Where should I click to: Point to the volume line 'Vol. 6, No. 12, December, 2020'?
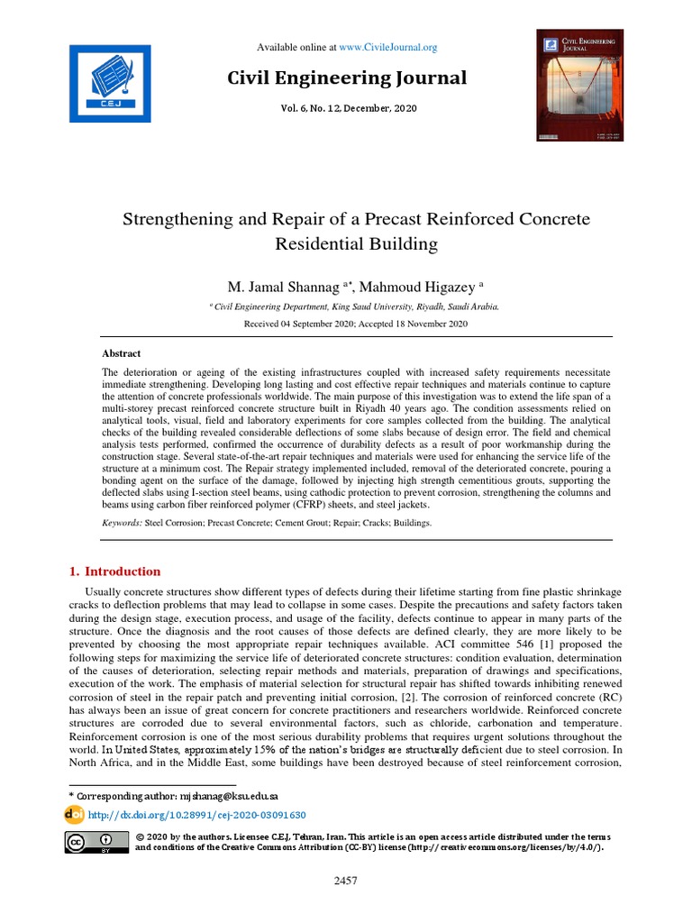[346, 108]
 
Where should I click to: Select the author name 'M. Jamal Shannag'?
[281, 287]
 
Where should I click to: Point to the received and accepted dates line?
[346, 324]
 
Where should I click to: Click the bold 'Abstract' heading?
[121, 354]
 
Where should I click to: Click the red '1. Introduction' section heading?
[115, 571]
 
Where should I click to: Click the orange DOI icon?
[74, 815]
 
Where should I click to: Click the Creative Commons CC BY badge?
[95, 842]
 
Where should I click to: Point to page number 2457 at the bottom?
[346, 881]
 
